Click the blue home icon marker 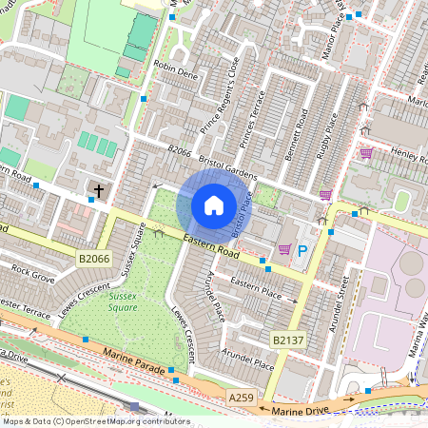click(214, 204)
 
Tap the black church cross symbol click(98, 191)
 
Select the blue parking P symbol click(302, 251)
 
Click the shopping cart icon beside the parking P click(283, 249)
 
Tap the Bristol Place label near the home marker click(243, 212)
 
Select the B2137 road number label click(288, 340)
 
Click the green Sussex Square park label click(123, 301)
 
